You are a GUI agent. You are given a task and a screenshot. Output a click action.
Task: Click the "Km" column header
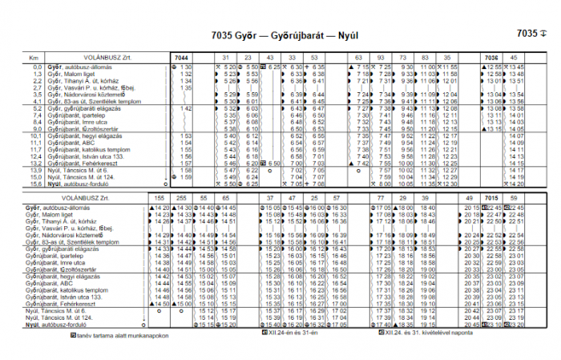33,58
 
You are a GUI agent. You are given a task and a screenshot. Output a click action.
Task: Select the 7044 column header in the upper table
182,58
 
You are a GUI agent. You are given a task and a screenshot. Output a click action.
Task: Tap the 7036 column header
491,58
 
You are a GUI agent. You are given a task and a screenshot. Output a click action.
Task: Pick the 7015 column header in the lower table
491,197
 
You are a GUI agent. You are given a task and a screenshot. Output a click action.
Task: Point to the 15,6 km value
34,183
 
